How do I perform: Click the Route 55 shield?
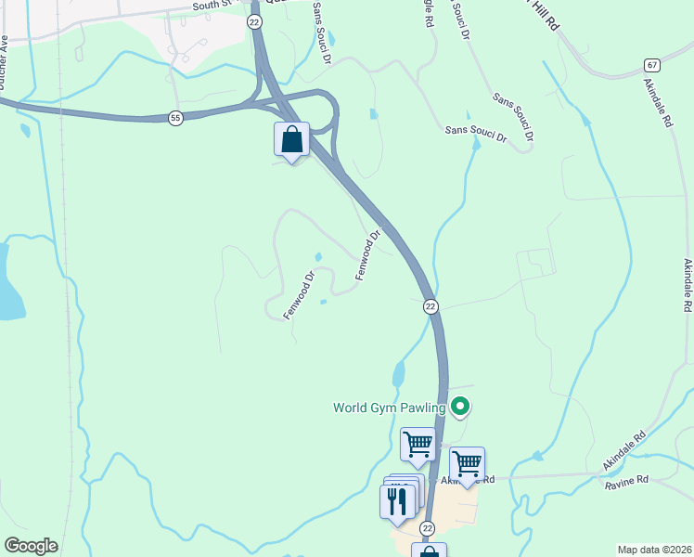tap(175, 118)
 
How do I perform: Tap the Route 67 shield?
tap(652, 65)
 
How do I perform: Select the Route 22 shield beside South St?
tap(254, 20)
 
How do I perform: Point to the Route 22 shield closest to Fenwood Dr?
tap(430, 306)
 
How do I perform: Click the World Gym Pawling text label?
tap(391, 407)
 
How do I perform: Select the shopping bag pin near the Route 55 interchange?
tap(291, 140)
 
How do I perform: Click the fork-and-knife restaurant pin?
tap(397, 500)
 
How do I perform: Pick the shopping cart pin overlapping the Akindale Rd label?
tap(467, 464)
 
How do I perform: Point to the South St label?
tap(212, 6)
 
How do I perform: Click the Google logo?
tap(31, 546)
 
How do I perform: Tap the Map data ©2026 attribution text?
tap(654, 550)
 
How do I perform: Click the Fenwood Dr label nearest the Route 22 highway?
tap(368, 255)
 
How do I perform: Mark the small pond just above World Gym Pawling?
tap(398, 374)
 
